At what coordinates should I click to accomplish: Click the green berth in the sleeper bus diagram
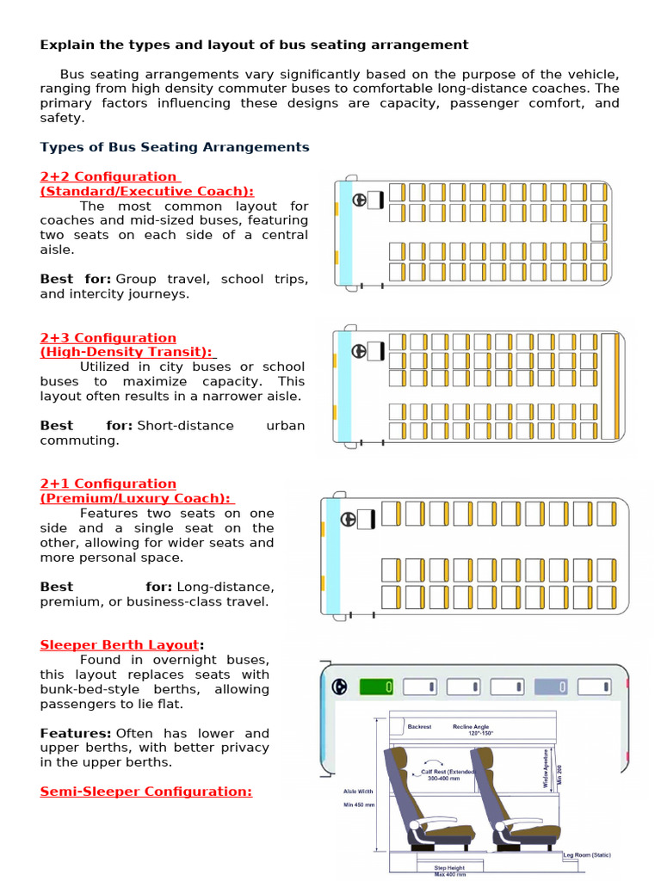tap(375, 687)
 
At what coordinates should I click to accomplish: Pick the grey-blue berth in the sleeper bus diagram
tap(551, 687)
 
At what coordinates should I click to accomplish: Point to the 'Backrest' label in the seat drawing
tap(420, 727)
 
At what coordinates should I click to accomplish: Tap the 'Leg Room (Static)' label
tap(587, 855)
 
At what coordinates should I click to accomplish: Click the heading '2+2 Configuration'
tap(108, 176)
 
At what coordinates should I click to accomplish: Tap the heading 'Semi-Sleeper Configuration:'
tap(146, 791)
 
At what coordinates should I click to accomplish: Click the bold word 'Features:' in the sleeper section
tap(76, 733)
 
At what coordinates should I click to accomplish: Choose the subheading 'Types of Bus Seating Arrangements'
tap(175, 147)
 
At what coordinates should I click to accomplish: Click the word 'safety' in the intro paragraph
tap(61, 118)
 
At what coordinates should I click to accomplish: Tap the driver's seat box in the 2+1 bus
tap(366, 519)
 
